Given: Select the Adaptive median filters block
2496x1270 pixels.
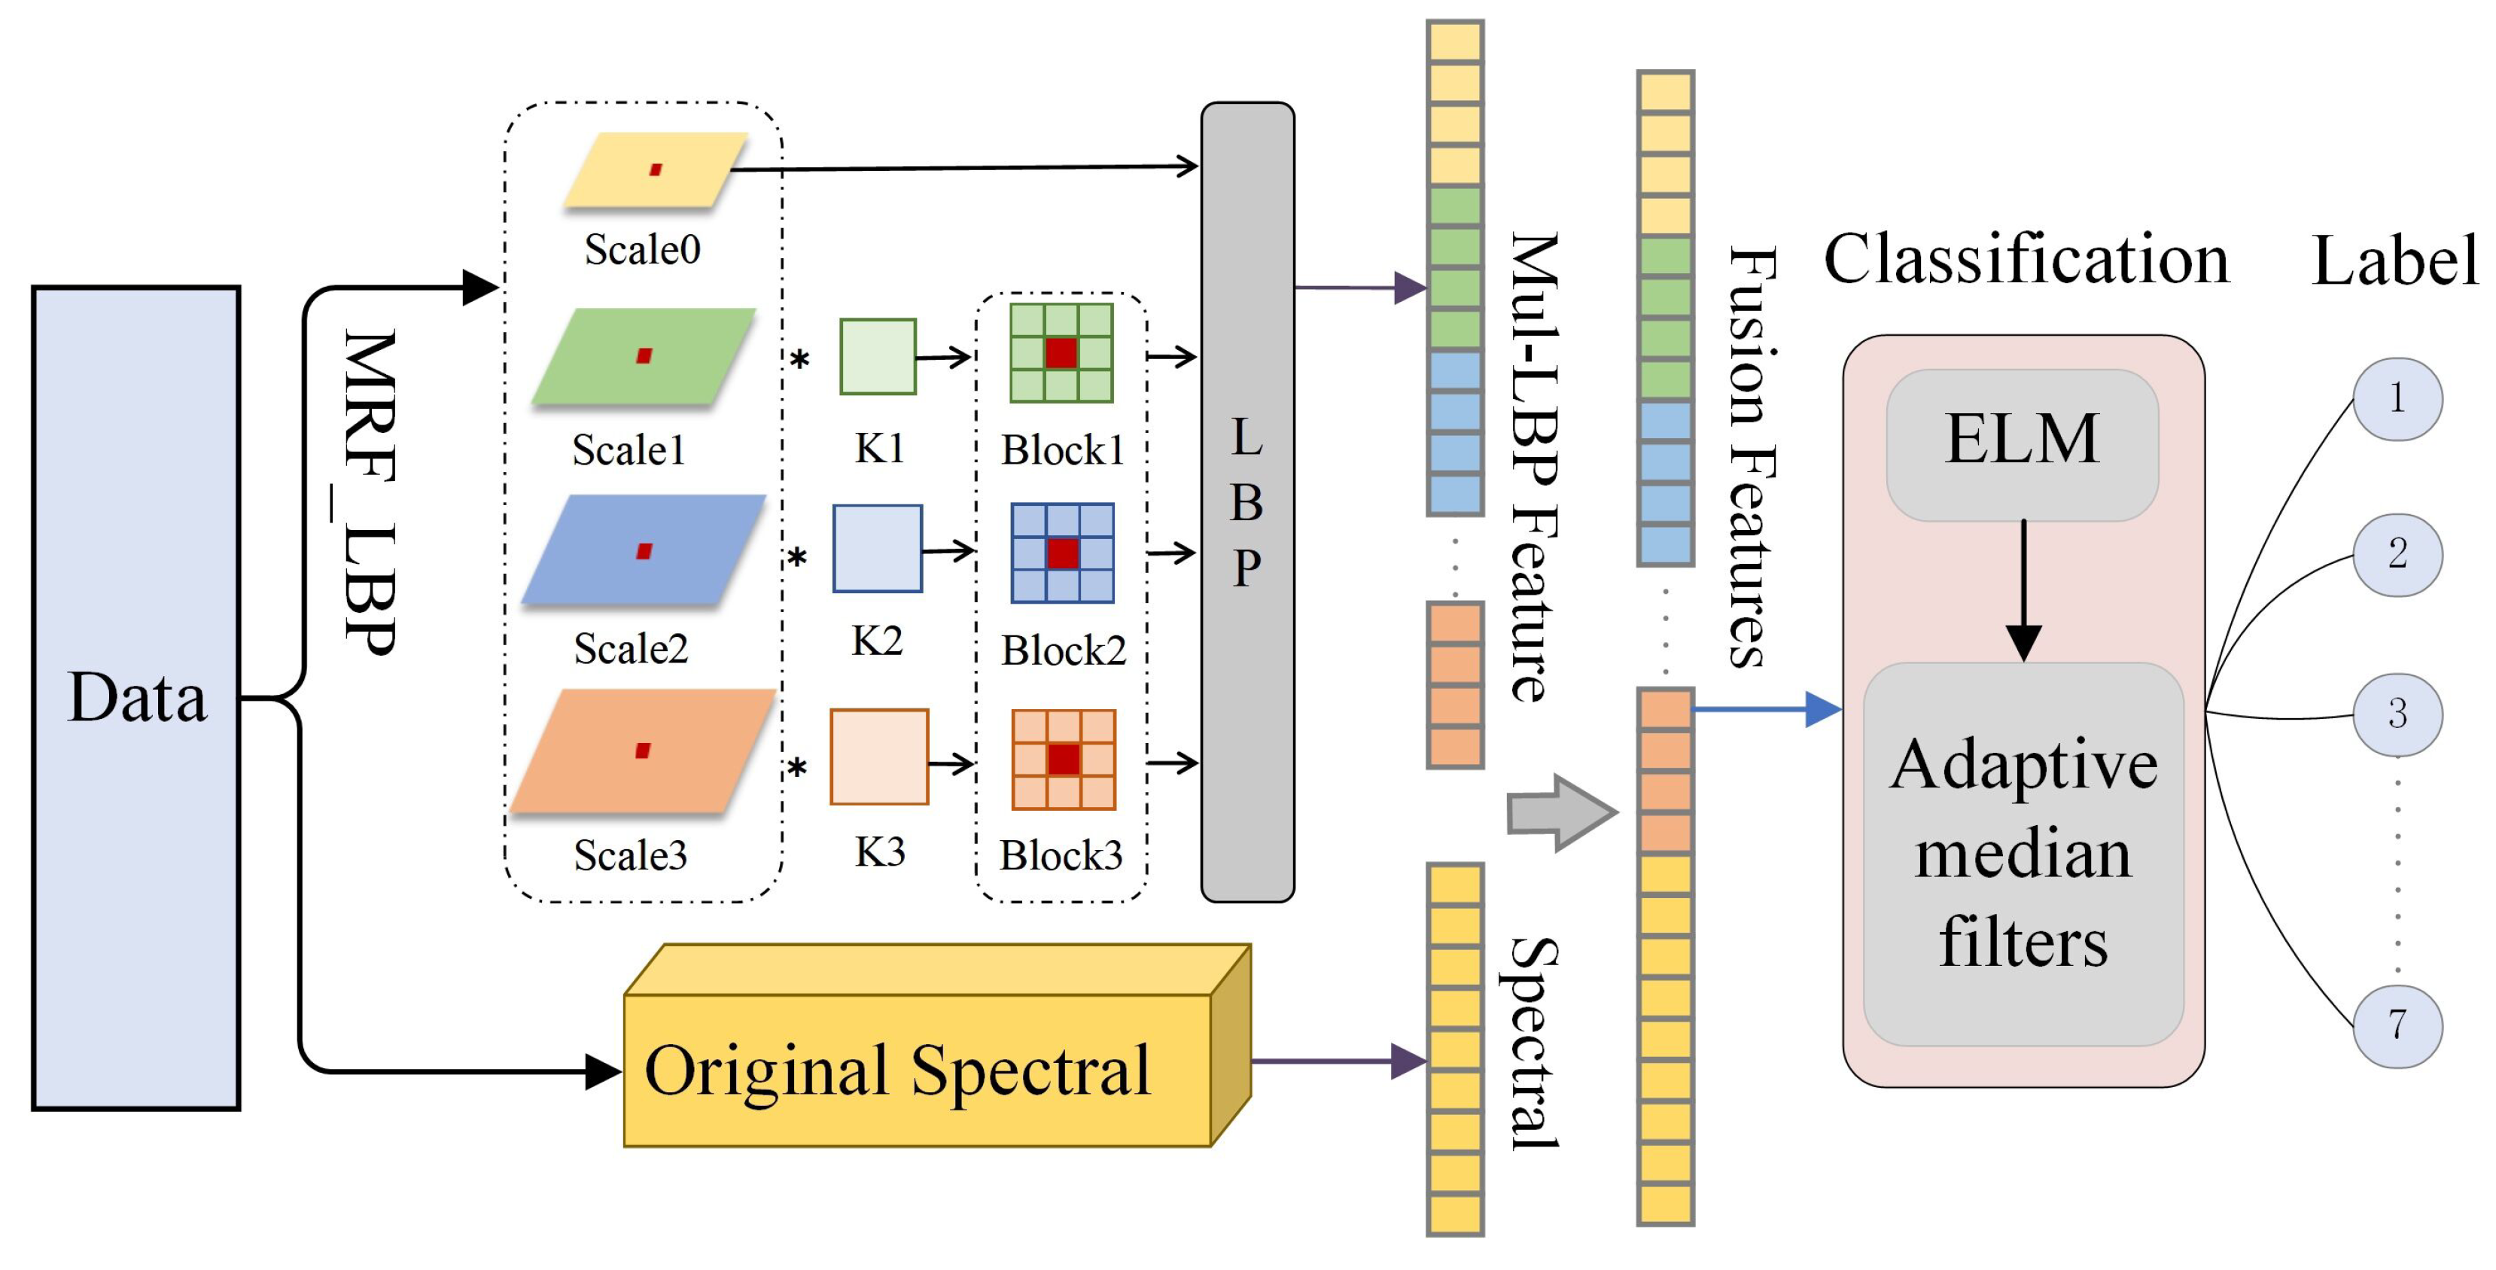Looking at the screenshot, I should [2023, 852].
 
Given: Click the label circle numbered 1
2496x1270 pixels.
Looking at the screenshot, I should [2397, 398].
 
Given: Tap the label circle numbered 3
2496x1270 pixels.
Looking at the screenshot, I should [2397, 714].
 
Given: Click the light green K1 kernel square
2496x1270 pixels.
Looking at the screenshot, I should [877, 357].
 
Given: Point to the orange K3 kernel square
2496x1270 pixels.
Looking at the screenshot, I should [879, 757].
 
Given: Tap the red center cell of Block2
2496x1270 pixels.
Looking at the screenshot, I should [1062, 553].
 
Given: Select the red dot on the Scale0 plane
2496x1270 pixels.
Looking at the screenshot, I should [656, 169].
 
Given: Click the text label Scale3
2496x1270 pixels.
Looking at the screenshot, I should [630, 855].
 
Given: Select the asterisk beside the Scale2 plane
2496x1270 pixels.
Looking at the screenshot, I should [796, 557].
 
